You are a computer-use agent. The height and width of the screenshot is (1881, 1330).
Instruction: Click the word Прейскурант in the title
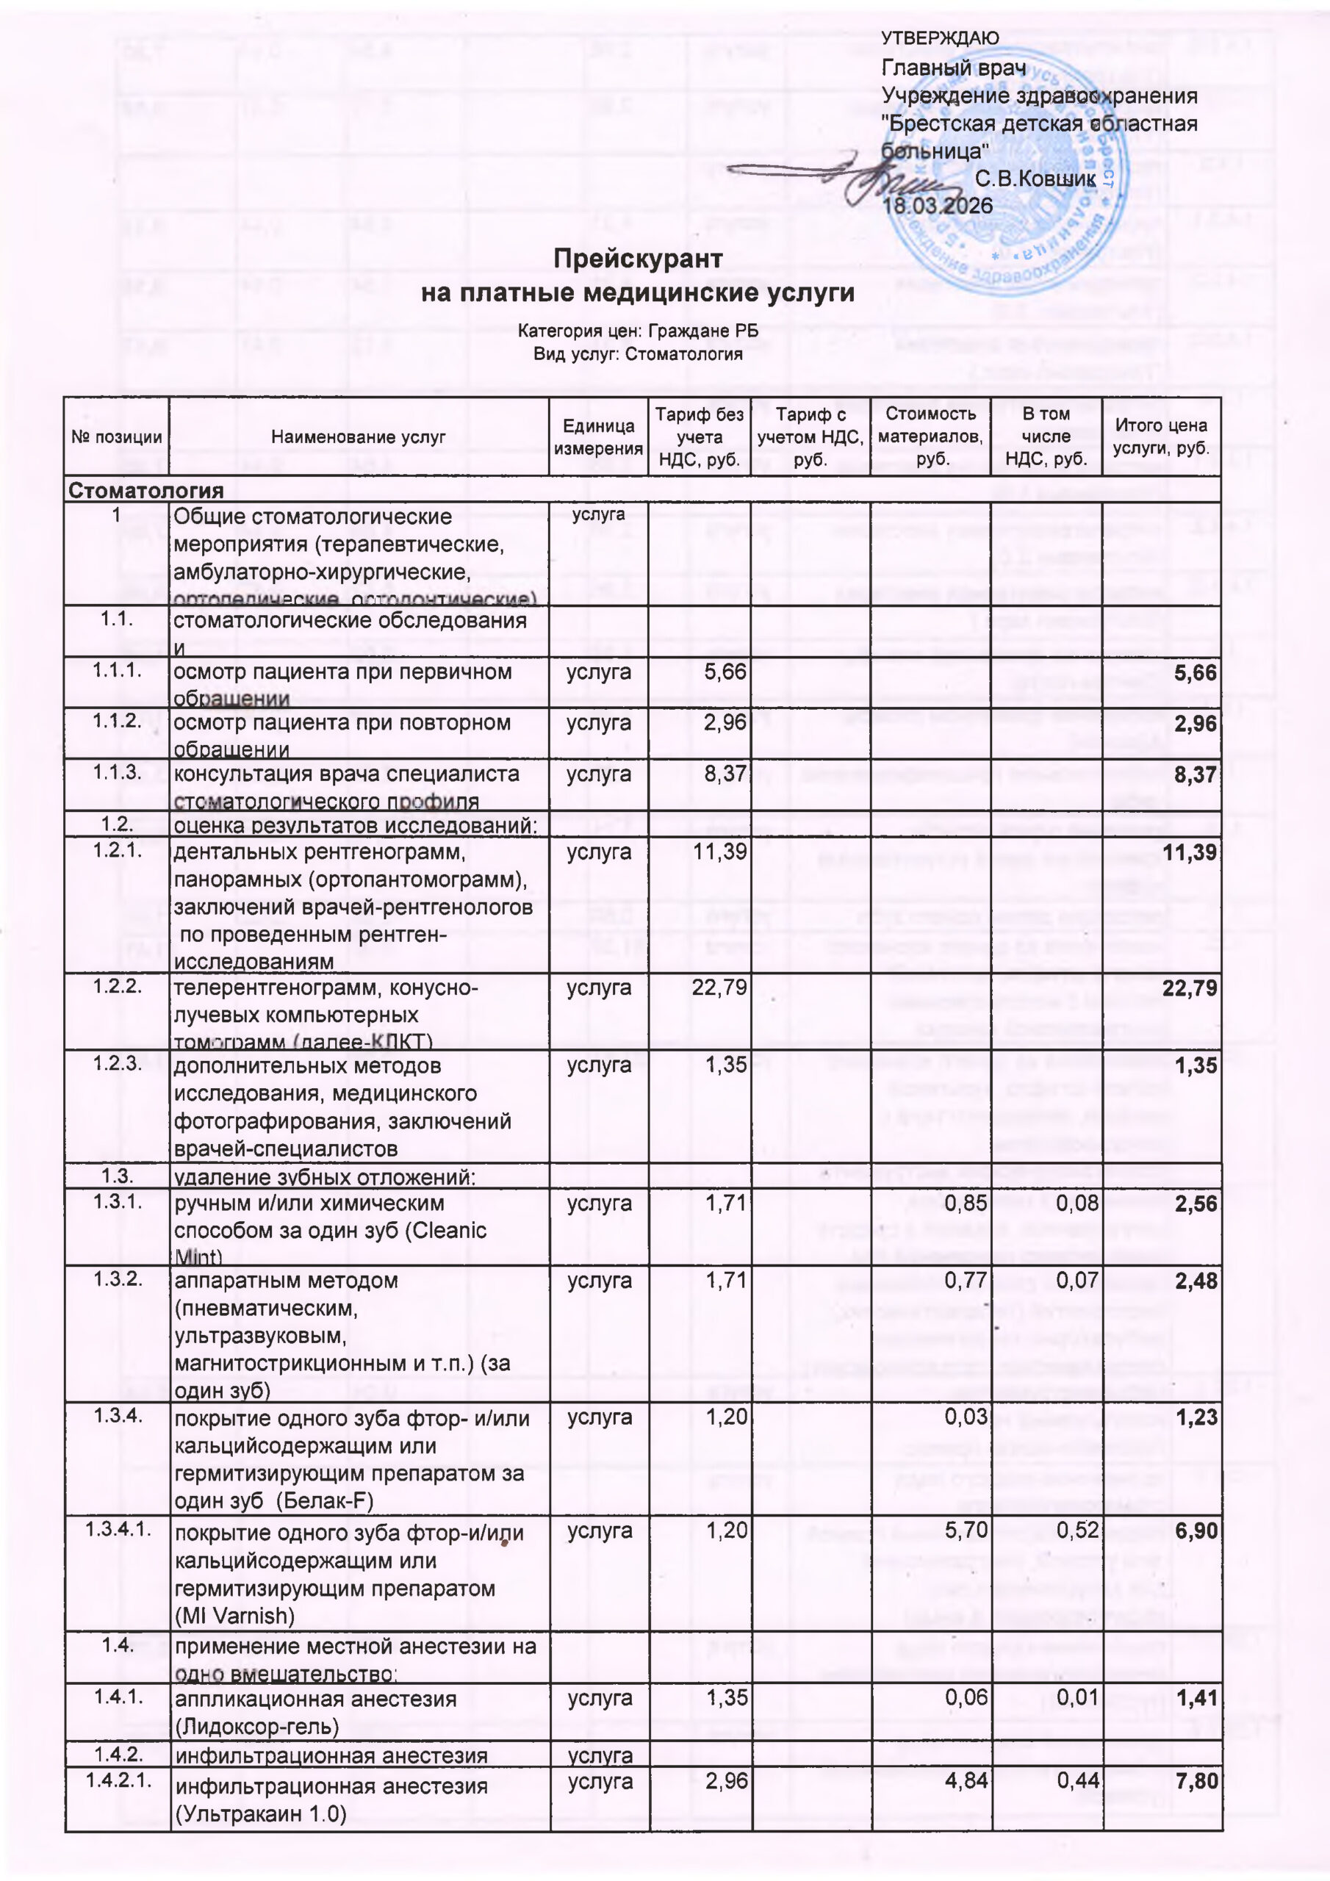tap(638, 259)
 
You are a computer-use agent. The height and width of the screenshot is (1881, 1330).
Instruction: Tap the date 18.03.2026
tap(938, 206)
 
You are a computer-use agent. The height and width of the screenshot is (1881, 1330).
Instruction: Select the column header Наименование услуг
tap(358, 437)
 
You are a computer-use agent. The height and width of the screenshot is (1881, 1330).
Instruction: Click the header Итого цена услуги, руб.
tap(1160, 436)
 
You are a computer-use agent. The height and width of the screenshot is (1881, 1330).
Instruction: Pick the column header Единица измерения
tap(598, 436)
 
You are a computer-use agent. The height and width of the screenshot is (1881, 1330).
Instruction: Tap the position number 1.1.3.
tap(117, 772)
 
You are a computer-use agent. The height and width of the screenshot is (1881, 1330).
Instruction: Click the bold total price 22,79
tap(1189, 989)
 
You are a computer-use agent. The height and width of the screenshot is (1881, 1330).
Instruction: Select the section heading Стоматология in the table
tap(146, 490)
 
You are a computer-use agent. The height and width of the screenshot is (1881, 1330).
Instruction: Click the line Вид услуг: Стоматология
tap(638, 354)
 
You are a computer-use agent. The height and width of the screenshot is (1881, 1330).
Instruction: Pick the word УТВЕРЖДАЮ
tap(940, 38)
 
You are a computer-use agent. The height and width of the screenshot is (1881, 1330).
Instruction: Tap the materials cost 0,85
tap(966, 1204)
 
